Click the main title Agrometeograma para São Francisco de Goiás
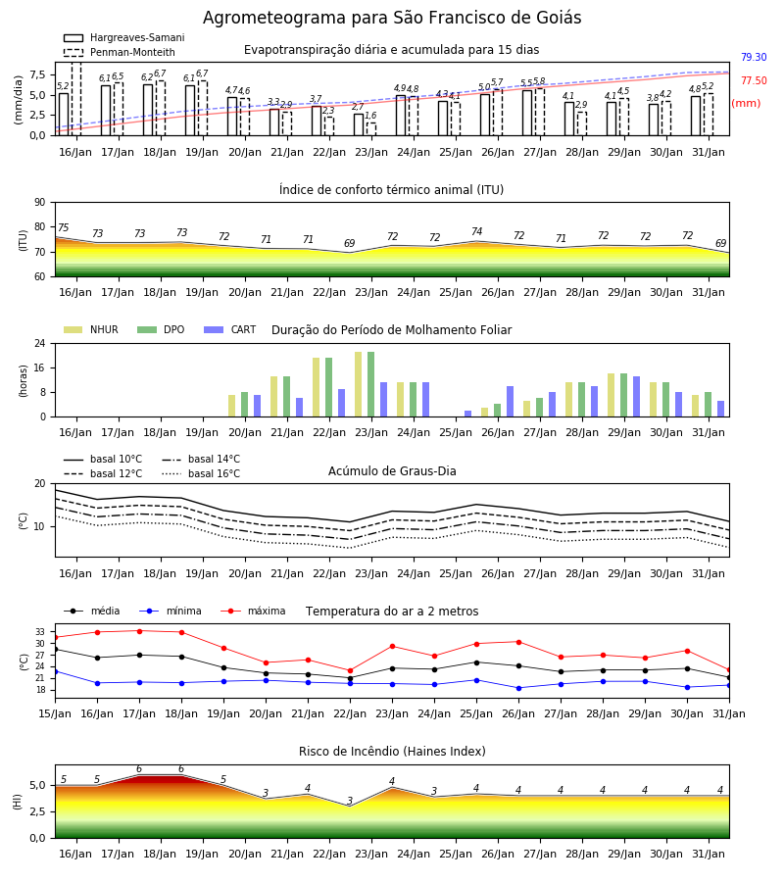click(392, 18)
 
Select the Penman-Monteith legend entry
click(120, 52)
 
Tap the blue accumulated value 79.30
click(754, 58)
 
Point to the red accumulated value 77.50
click(754, 81)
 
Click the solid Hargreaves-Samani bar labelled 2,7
click(359, 124)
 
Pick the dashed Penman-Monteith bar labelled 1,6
click(371, 129)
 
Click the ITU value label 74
click(477, 231)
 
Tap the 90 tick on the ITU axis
click(40, 203)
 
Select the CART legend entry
click(230, 329)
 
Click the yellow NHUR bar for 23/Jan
click(359, 384)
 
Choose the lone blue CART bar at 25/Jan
click(467, 414)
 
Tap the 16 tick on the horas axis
click(40, 367)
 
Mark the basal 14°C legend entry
click(201, 459)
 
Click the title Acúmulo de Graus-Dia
click(392, 471)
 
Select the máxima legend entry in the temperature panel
click(253, 611)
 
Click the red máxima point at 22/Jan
click(351, 670)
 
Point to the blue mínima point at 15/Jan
click(55, 671)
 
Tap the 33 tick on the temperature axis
click(40, 632)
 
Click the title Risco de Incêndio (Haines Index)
click(392, 752)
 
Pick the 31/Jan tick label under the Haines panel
click(709, 854)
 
